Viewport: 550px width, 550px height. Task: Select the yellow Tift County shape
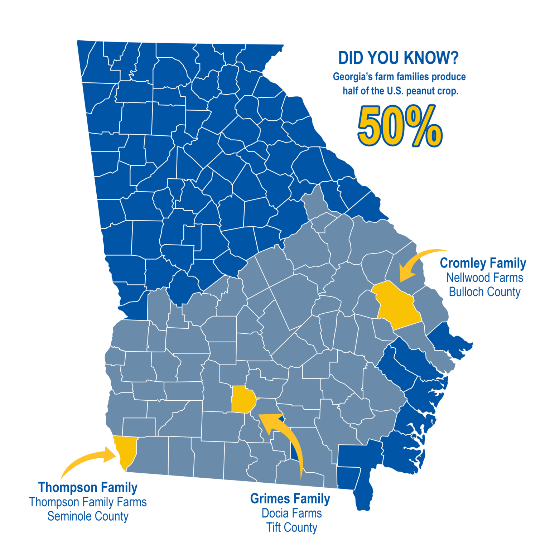[242, 400]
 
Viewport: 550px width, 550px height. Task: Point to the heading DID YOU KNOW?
[398, 58]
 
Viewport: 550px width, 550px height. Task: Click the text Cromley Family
[483, 263]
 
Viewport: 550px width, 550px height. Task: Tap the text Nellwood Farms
[484, 278]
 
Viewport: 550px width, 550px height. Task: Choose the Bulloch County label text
[484, 292]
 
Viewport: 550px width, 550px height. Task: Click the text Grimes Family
[290, 498]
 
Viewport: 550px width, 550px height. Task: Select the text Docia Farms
[291, 513]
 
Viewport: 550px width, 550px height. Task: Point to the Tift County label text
[291, 527]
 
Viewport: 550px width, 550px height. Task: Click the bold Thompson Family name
[88, 487]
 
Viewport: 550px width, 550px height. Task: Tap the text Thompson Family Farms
[88, 502]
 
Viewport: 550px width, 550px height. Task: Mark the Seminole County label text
[88, 516]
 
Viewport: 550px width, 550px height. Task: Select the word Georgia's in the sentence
[351, 77]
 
